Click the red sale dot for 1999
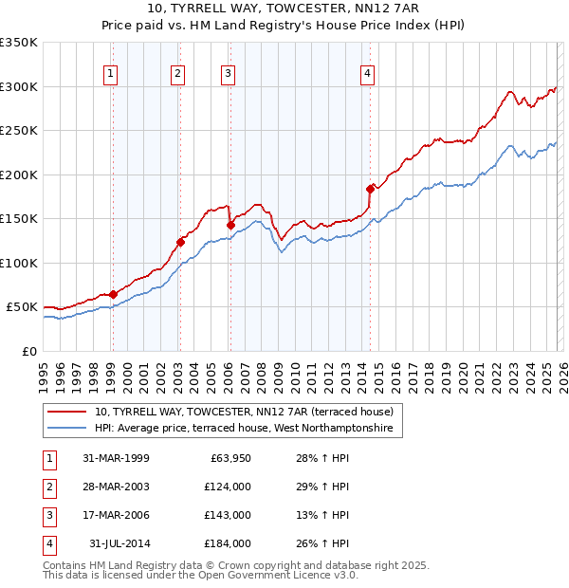tap(113, 294)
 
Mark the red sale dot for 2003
tap(179, 242)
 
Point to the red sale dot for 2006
tap(229, 225)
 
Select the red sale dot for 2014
tap(369, 189)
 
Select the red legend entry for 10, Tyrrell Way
tap(246, 413)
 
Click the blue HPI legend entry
tap(247, 430)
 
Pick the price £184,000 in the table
tap(228, 543)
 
